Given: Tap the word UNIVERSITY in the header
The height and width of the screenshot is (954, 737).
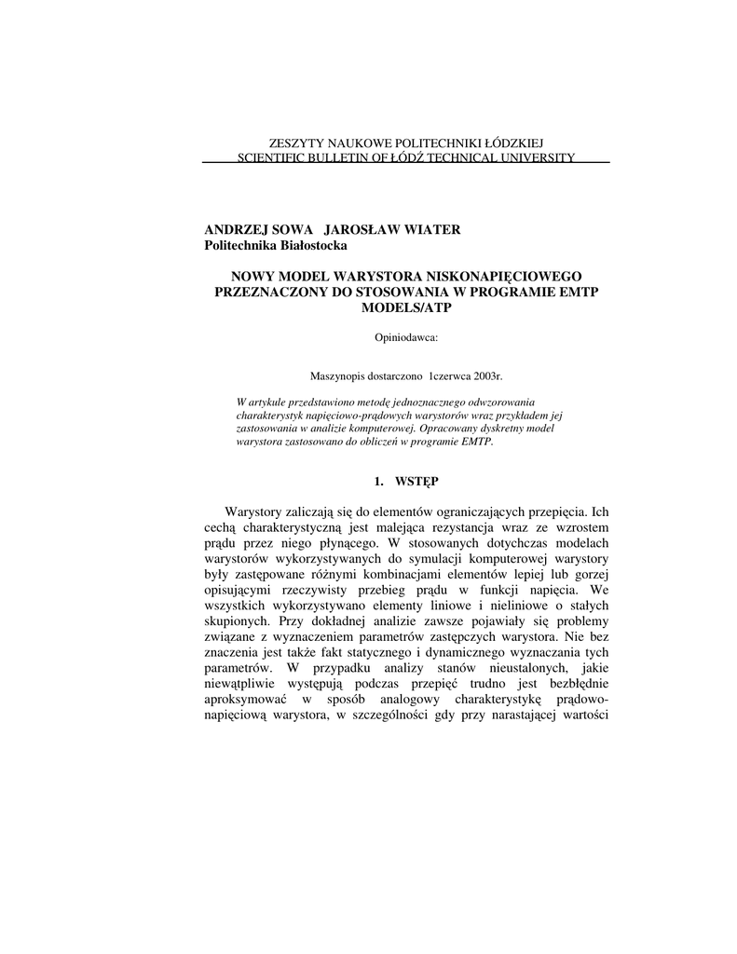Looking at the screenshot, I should point(533,158).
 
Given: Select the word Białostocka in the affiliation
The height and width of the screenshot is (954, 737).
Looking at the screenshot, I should point(306,245).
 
